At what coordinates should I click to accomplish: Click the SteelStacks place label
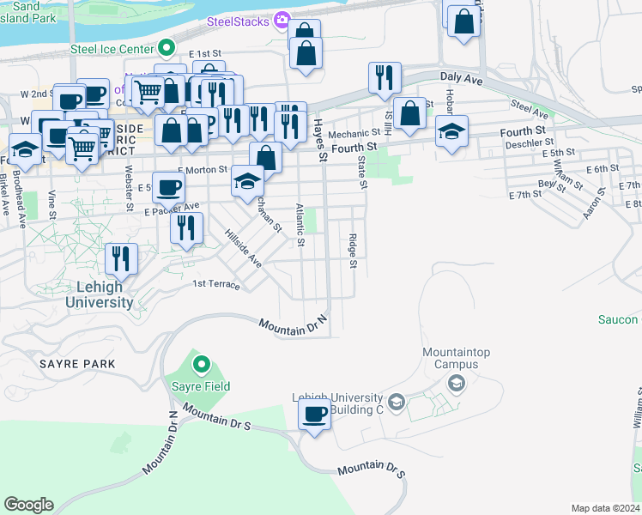(237, 20)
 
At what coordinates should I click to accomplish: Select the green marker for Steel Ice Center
(168, 48)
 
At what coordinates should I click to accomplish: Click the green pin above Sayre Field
(202, 366)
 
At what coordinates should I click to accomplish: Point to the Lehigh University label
(100, 294)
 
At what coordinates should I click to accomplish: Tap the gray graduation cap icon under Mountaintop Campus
(457, 383)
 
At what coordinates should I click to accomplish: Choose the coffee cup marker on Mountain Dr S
(315, 415)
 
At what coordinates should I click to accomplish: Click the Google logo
(28, 505)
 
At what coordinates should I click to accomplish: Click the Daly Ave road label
(457, 77)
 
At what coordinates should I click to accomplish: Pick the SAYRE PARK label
(77, 364)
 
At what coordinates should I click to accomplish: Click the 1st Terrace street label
(215, 284)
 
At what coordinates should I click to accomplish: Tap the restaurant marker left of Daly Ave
(385, 78)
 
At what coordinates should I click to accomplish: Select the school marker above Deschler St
(451, 131)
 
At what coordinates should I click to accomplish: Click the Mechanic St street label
(353, 133)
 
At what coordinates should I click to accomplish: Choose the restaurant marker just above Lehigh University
(121, 258)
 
